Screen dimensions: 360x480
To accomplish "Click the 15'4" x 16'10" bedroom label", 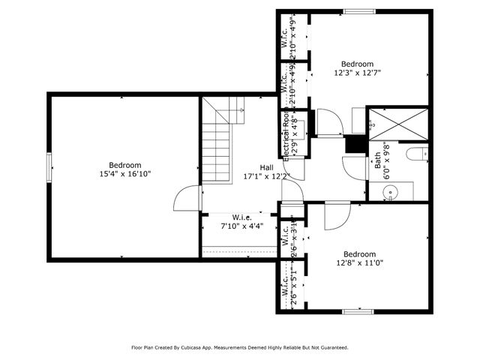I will [x=124, y=169].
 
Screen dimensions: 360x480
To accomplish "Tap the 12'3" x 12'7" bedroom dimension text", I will [x=357, y=73].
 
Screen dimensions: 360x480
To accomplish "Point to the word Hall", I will [x=266, y=167].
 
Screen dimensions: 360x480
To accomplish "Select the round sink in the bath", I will [x=391, y=193].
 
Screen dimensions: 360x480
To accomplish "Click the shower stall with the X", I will [x=400, y=123].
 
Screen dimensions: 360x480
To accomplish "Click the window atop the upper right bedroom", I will [x=358, y=10].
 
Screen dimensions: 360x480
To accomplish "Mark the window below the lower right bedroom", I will [x=358, y=311].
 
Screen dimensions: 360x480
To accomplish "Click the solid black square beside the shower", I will [x=354, y=145].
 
